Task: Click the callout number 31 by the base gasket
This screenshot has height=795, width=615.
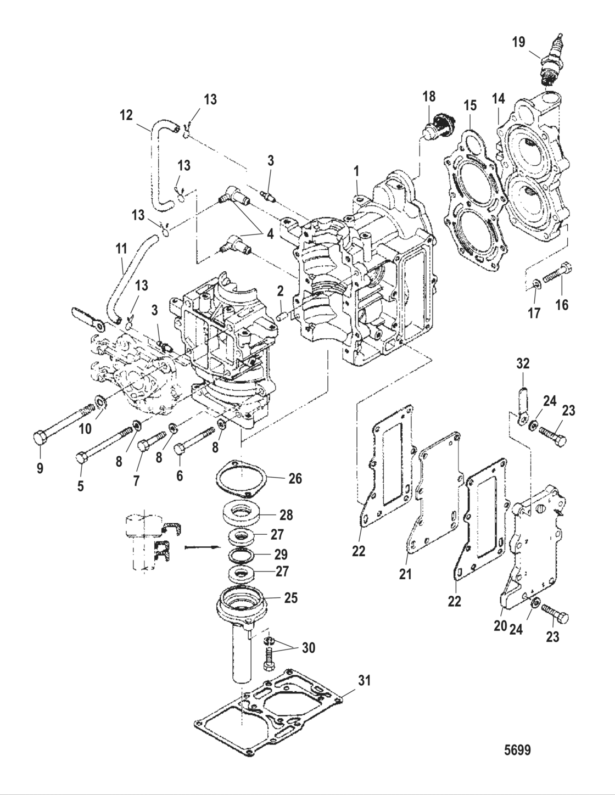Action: [365, 681]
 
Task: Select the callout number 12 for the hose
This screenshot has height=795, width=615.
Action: [126, 116]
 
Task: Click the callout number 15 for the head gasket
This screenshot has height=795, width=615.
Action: [471, 105]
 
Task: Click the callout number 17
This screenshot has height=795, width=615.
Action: [534, 313]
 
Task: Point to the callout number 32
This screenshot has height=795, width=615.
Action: [522, 363]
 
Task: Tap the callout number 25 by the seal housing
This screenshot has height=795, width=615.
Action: [290, 598]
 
